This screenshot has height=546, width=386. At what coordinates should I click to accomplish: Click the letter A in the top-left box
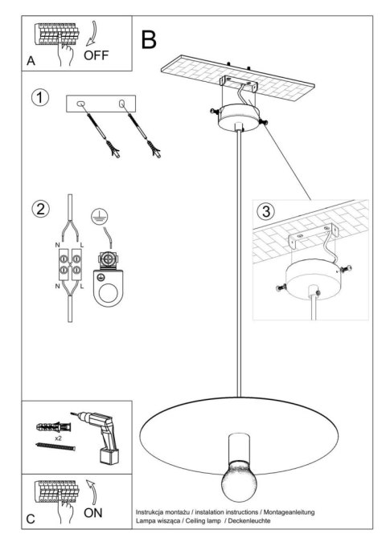(31, 61)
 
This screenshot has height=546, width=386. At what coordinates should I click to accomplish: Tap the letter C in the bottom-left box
(31, 519)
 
